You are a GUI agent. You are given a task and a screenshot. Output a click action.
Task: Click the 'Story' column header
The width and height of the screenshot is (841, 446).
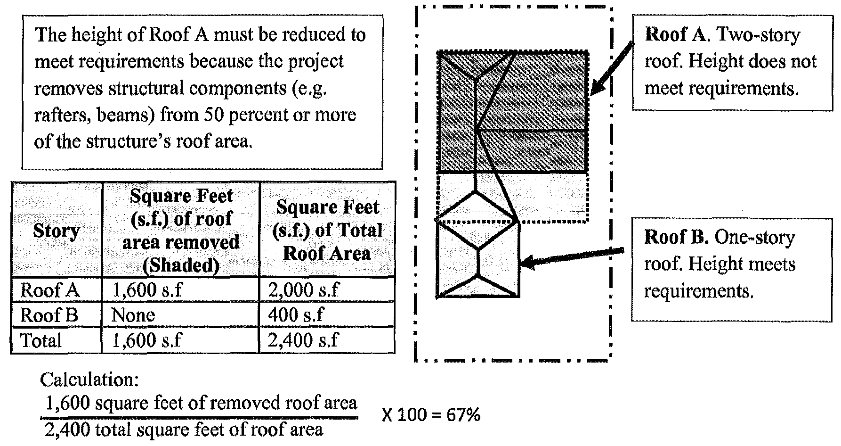click(x=56, y=231)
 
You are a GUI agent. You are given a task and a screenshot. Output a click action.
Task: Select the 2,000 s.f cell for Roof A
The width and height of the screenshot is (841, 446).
click(x=303, y=290)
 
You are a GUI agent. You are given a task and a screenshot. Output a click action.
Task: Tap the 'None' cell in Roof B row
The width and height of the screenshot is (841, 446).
click(x=133, y=315)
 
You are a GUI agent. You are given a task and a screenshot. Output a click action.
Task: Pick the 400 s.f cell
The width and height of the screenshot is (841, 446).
click(x=296, y=315)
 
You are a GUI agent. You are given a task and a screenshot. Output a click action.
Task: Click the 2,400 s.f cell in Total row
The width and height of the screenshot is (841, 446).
click(x=303, y=340)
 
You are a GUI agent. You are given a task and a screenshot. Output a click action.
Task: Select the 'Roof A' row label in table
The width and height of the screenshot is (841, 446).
click(x=49, y=290)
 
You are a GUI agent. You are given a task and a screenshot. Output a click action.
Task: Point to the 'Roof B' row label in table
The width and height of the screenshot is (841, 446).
click(x=49, y=315)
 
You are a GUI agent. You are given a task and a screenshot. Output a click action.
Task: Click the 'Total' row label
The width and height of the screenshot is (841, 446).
click(x=41, y=340)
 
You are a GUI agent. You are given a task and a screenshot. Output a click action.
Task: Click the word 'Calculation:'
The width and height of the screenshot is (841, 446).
click(x=89, y=380)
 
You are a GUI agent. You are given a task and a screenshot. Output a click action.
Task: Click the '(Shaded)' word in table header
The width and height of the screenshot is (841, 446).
click(x=181, y=266)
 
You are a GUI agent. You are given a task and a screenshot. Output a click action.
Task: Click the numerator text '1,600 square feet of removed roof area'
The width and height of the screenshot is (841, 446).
click(x=201, y=404)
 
